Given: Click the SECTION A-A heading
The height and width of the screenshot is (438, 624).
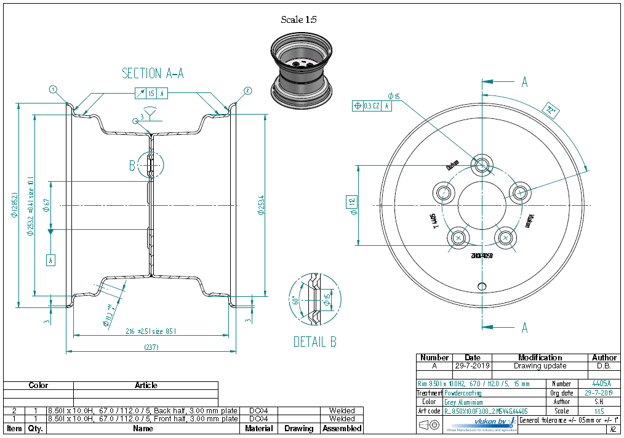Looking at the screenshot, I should click(x=153, y=73).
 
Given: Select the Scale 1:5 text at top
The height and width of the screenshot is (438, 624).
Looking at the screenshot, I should click(x=298, y=20).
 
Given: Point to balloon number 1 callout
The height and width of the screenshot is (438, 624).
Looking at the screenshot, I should click(x=54, y=90).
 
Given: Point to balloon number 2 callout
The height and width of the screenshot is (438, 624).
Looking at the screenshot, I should click(x=247, y=91).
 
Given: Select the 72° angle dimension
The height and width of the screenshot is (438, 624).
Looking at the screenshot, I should click(x=550, y=111).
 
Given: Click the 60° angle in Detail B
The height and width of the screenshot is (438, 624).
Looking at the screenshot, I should click(x=296, y=300).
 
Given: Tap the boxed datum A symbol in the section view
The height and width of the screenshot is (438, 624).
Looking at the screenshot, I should click(x=51, y=260).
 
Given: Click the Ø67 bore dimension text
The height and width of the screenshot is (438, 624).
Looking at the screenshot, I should click(x=46, y=205).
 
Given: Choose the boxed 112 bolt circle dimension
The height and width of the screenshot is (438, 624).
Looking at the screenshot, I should click(x=352, y=201).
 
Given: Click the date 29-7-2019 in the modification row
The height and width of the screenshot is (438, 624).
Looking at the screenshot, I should click(x=472, y=366).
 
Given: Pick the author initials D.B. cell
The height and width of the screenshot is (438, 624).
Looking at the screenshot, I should click(x=604, y=366).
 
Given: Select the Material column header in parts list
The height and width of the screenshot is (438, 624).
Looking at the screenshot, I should click(x=259, y=428).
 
